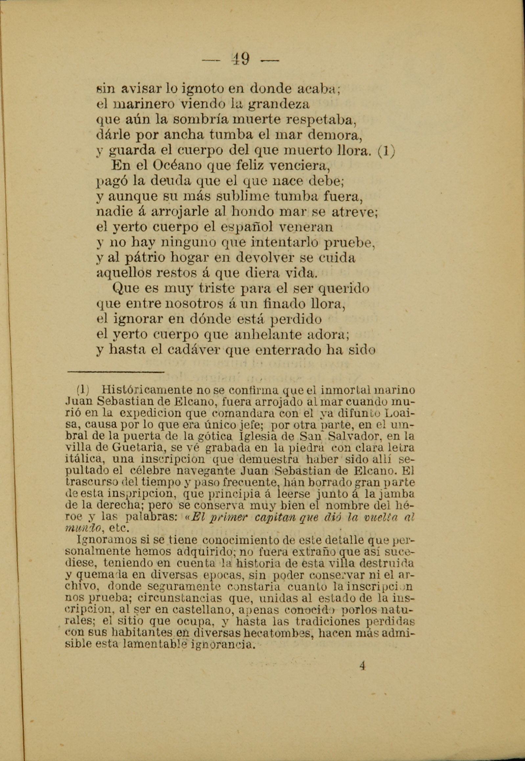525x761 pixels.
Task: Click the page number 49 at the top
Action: (240, 59)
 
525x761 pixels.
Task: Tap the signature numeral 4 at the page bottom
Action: (362, 666)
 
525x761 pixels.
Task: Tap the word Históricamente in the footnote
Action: (147, 390)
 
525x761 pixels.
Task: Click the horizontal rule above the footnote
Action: (115, 372)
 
